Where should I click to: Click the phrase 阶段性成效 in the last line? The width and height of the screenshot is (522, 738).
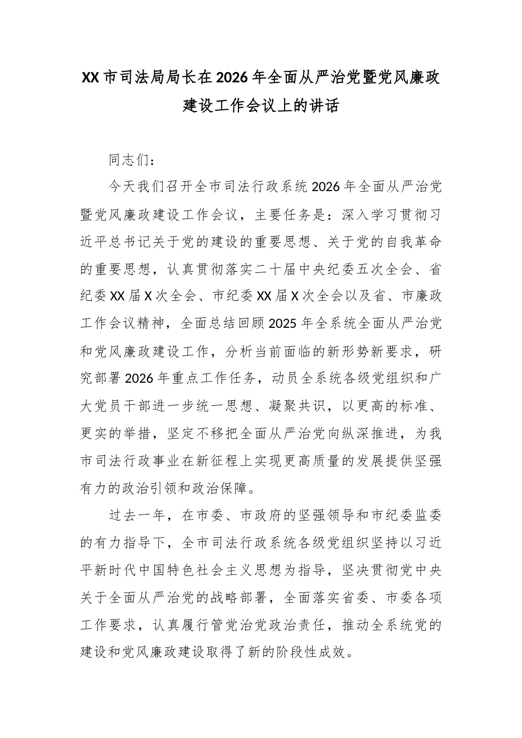[319, 652]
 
